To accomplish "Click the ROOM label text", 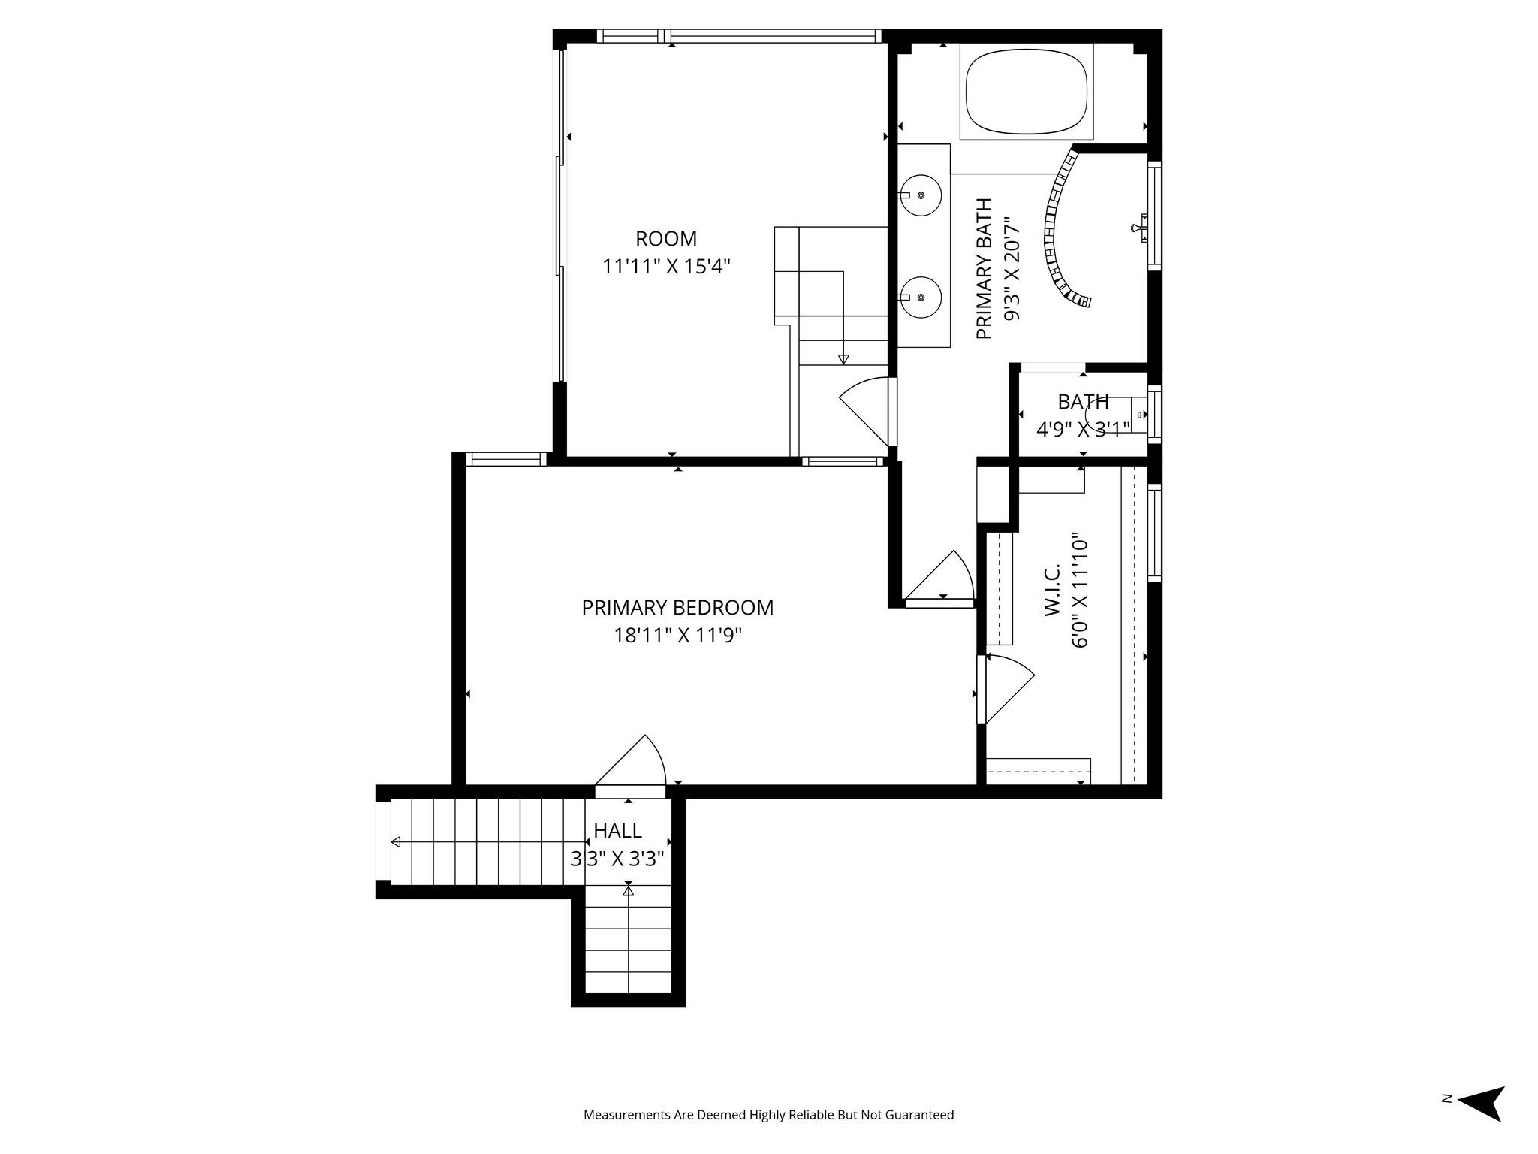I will point(666,239).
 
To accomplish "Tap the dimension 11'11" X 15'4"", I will point(666,267).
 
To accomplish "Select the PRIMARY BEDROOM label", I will point(677,608).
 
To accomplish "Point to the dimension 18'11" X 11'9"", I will point(677,636).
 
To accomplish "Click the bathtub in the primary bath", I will point(1027,92).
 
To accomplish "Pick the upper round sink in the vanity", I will point(921,195).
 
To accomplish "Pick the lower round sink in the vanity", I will point(921,298).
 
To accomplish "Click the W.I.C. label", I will point(1051,591).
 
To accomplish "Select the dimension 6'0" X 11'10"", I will point(1080,591).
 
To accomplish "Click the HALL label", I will point(617,831).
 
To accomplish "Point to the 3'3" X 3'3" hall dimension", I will point(617,859).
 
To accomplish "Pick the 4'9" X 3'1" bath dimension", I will point(1083,430).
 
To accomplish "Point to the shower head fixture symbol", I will point(1139,226).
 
